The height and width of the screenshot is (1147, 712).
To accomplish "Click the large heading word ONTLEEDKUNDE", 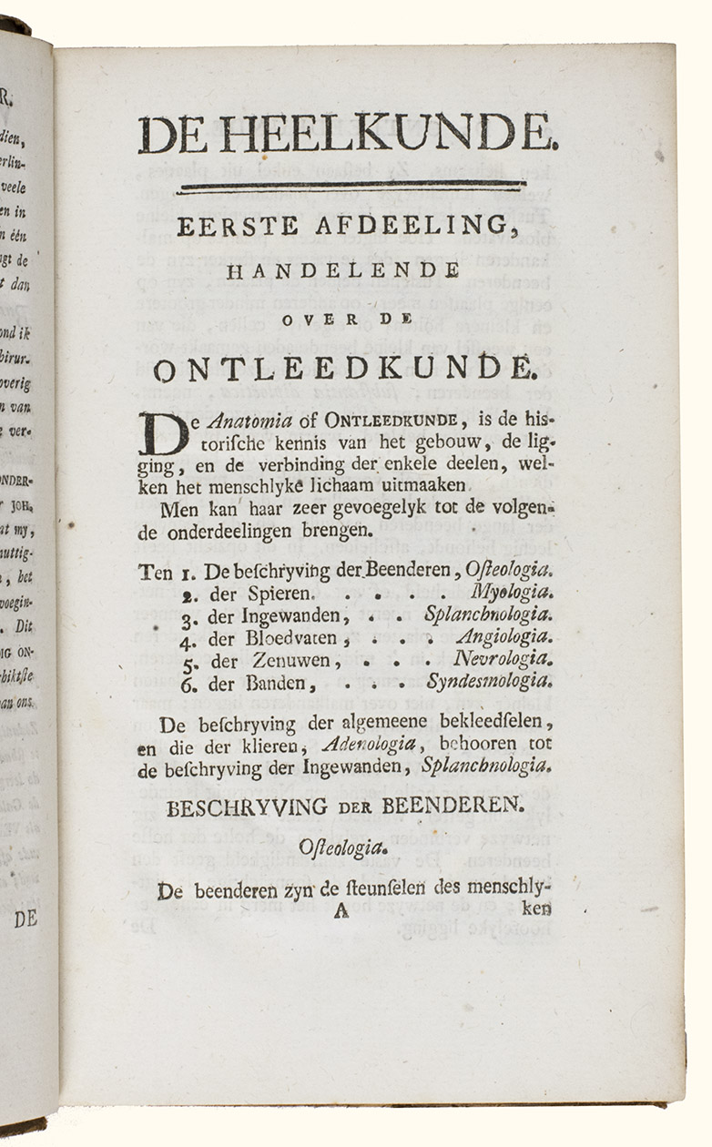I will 341,370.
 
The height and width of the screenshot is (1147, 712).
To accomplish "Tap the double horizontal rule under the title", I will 351,188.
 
